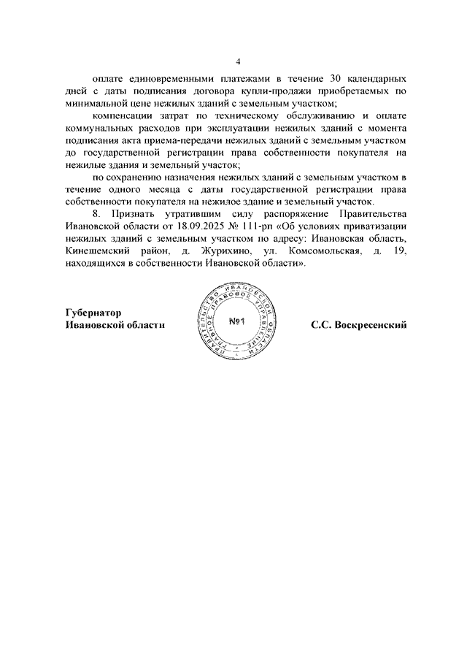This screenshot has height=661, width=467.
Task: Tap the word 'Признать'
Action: click(137, 215)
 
